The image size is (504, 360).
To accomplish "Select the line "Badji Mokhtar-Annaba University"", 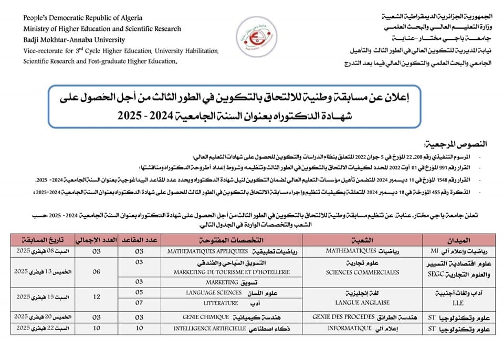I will pos(74,40).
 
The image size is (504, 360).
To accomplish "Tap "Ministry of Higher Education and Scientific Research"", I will pos(102,29).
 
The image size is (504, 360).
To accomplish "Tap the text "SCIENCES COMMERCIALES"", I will pos(362,272).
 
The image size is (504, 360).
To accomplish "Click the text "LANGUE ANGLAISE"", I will pos(362,303).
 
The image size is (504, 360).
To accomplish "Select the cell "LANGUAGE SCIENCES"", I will pos(214,293).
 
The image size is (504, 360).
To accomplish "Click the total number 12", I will pos(96,298).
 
